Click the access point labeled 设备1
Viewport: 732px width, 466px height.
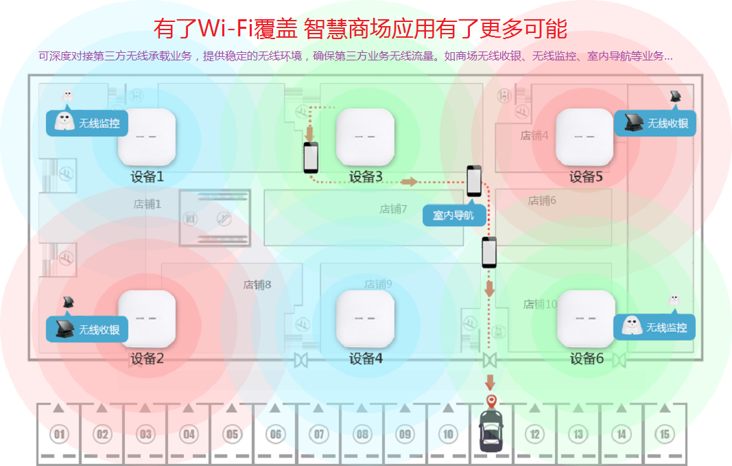(147, 137)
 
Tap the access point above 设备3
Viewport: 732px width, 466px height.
(365, 137)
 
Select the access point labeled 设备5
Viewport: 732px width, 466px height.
(584, 137)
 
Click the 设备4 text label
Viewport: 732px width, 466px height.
(366, 358)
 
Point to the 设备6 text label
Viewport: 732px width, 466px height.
(587, 358)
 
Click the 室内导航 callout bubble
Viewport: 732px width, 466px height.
(454, 215)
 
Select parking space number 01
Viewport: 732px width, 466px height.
(59, 434)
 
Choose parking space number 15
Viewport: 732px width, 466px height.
(664, 434)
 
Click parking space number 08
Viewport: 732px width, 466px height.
(362, 434)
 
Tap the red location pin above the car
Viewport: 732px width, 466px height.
(491, 401)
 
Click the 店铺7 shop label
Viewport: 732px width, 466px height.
(394, 209)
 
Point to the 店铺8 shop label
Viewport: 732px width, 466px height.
(257, 284)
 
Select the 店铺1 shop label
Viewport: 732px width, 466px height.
(147, 204)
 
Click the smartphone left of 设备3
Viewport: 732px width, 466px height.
(312, 158)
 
